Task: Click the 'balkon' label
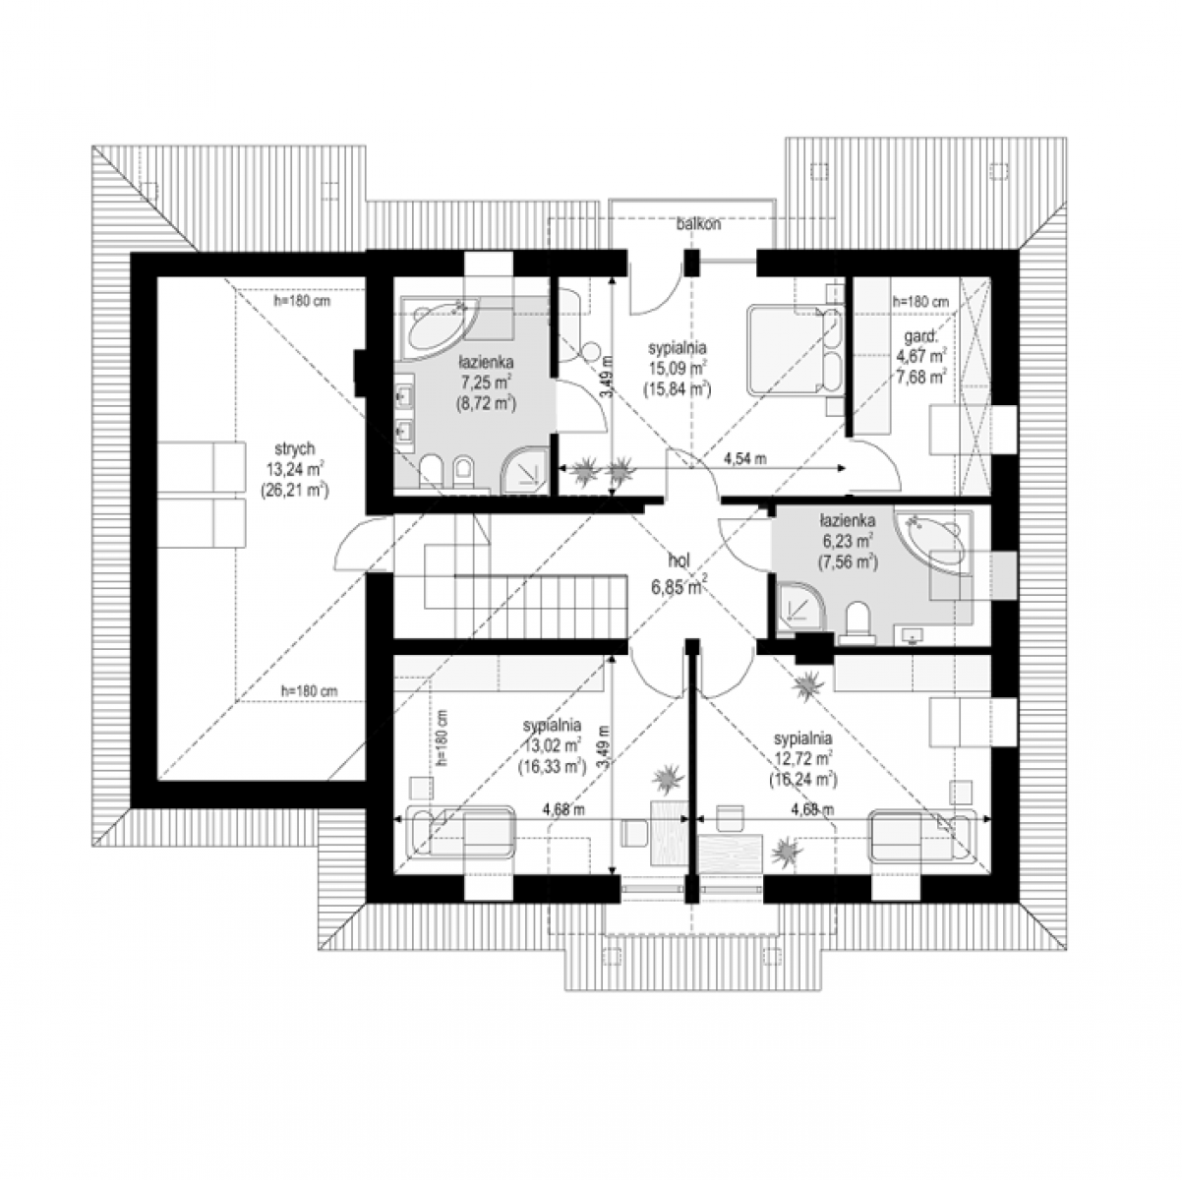pos(698,224)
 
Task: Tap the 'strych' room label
pos(294,448)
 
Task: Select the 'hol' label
pos(680,560)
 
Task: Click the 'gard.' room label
pos(920,336)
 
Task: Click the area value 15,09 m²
pos(678,368)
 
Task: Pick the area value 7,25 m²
pos(487,383)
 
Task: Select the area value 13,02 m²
pos(553,745)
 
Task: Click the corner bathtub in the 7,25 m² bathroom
pos(438,328)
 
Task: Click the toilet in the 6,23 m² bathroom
pos(857,622)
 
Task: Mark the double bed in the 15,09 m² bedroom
pos(792,350)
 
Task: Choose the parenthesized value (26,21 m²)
pos(295,489)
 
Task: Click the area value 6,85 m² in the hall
pos(678,587)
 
